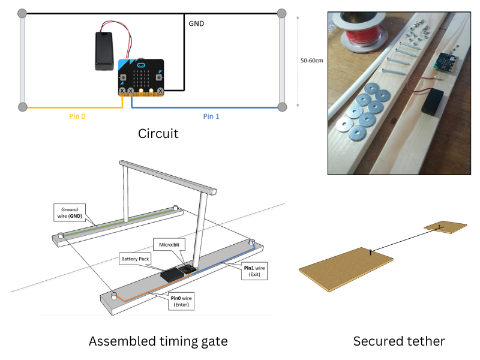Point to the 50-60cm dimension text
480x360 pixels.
point(311,60)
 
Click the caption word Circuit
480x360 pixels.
point(158,133)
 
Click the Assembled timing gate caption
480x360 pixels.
point(158,341)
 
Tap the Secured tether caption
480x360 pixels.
point(399,341)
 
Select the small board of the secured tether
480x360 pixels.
point(445,227)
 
